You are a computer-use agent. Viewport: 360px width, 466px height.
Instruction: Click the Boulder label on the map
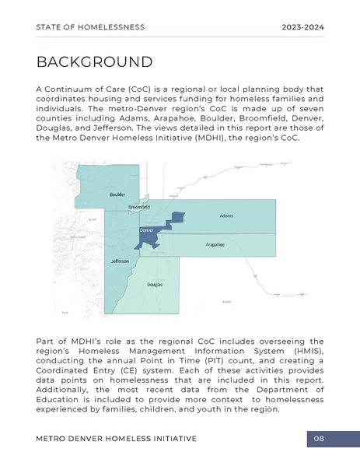pos(117,194)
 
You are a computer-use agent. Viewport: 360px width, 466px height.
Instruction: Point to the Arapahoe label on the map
pos(215,244)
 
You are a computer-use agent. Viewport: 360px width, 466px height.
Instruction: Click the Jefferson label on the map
pos(119,261)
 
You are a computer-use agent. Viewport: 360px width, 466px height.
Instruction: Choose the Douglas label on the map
pos(155,285)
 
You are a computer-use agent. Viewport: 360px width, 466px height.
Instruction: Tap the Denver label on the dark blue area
pos(146,231)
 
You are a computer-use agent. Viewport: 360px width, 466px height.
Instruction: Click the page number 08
pos(319,440)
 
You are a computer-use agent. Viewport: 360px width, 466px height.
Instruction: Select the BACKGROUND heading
pos(94,61)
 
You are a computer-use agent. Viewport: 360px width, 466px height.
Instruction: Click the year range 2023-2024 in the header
pos(302,27)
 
